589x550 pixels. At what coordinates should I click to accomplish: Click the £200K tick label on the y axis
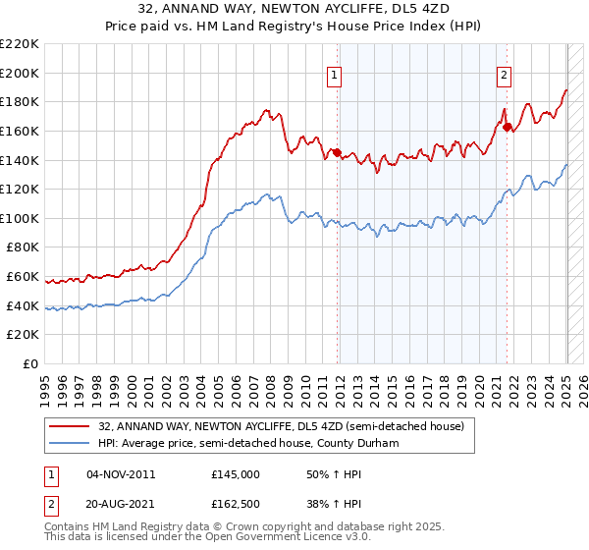(x=20, y=73)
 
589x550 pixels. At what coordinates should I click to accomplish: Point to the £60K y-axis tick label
(x=23, y=277)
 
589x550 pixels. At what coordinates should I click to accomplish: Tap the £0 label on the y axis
(x=31, y=364)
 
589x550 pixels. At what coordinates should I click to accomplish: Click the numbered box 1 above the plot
(x=335, y=74)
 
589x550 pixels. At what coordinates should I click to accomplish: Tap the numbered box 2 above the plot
(x=504, y=74)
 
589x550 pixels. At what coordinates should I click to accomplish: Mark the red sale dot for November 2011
(x=336, y=152)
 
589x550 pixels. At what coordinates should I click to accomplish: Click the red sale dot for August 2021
(x=507, y=127)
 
